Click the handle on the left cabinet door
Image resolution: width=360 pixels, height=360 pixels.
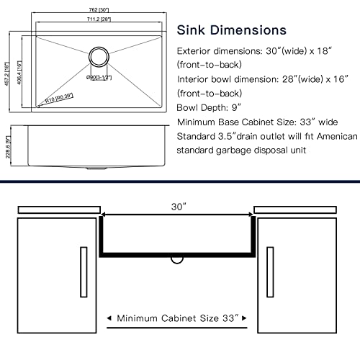[84, 268]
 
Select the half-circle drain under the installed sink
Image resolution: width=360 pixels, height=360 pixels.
[177, 257]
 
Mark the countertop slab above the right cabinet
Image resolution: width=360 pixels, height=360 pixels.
[297, 209]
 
